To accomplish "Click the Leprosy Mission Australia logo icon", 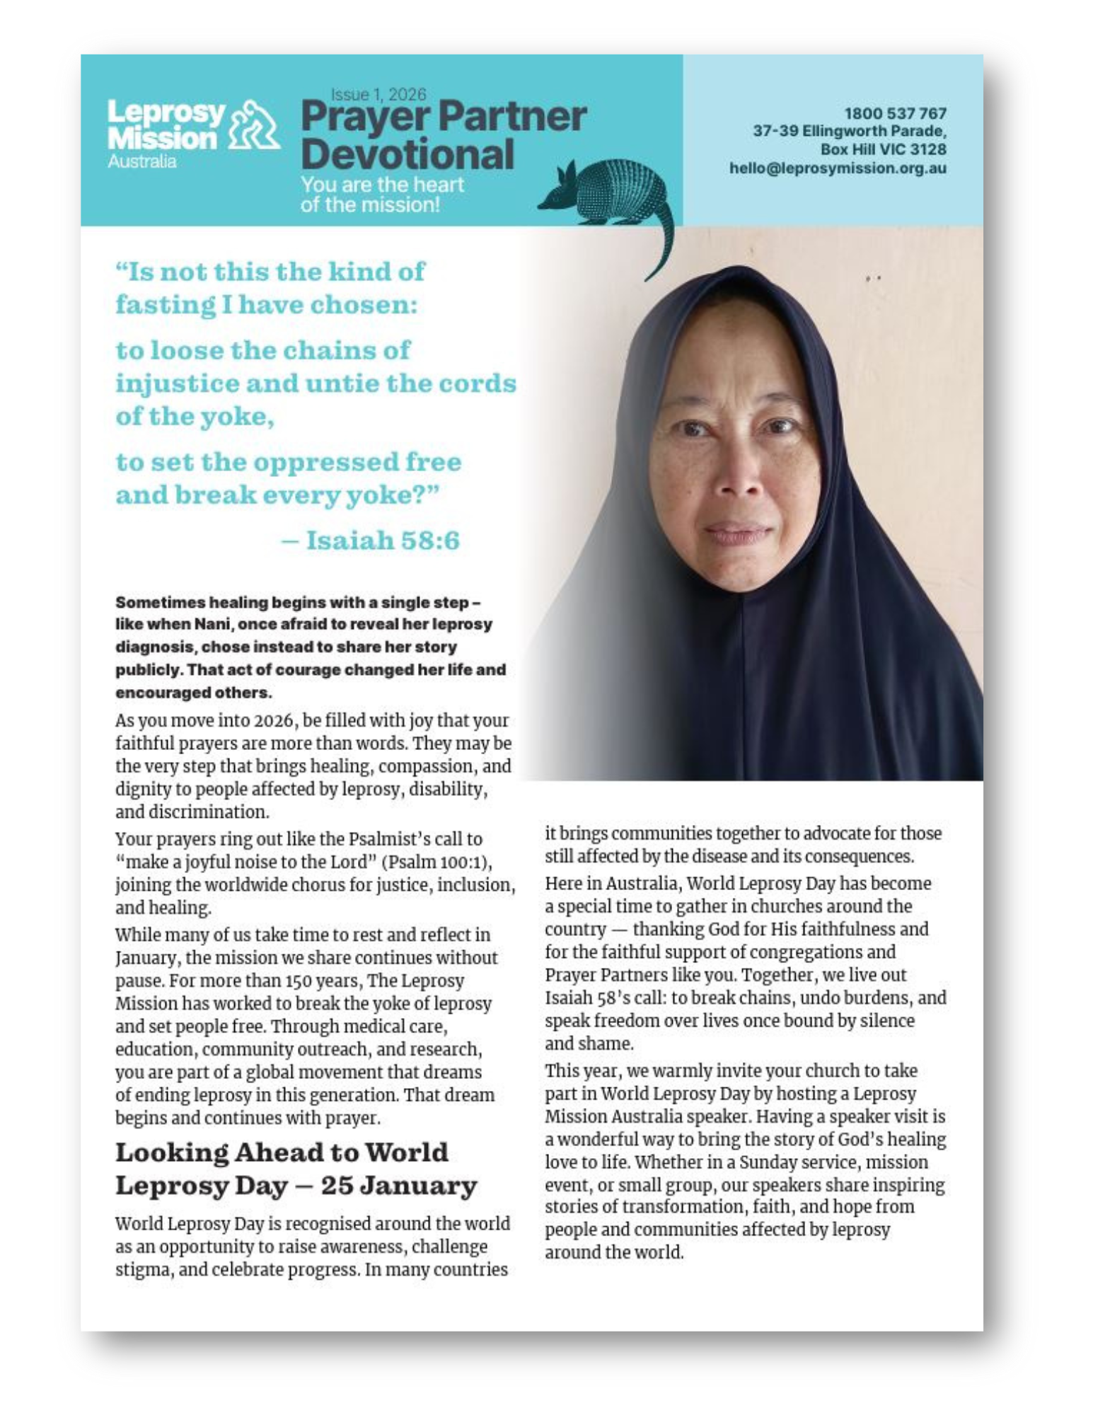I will click(x=255, y=125).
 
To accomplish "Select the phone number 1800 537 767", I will click(x=895, y=113).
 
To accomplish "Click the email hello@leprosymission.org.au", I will click(x=838, y=168).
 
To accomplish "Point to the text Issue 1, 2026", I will click(x=378, y=94).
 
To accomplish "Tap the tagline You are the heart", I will click(x=382, y=185).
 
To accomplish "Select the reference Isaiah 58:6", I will click(x=383, y=541).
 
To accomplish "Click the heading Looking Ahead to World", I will click(x=282, y=1153).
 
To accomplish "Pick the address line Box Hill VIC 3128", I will click(x=883, y=150).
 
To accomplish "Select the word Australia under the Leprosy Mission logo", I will click(x=141, y=162).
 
